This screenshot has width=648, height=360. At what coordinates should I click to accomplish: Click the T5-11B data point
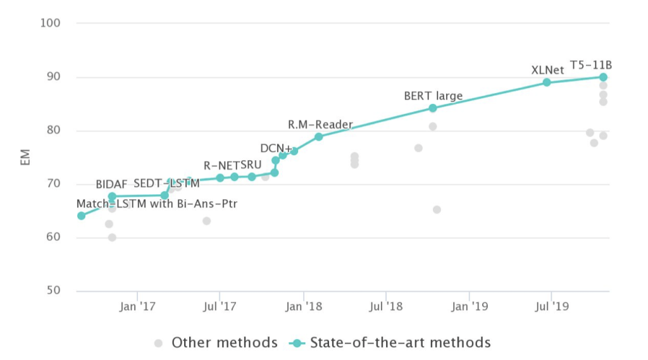[603, 77]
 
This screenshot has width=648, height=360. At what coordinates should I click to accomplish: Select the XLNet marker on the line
[547, 82]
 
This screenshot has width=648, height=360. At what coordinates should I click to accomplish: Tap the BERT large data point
[433, 108]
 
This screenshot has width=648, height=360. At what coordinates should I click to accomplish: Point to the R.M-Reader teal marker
[319, 137]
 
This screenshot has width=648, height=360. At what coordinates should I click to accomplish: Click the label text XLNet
[547, 70]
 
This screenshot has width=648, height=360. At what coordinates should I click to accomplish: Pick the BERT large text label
[433, 96]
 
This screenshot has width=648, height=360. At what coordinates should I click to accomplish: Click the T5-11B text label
[591, 65]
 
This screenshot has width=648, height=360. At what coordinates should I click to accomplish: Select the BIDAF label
[111, 185]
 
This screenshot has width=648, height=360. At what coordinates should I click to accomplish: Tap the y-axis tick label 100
[49, 23]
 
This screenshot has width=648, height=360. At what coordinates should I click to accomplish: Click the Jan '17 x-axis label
[137, 307]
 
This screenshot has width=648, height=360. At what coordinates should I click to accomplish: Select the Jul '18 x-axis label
[386, 307]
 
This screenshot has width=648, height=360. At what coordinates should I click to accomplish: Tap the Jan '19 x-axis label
[470, 307]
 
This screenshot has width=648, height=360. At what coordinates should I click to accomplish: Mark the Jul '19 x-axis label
[552, 307]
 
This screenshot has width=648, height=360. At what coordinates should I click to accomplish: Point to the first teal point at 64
[81, 216]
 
